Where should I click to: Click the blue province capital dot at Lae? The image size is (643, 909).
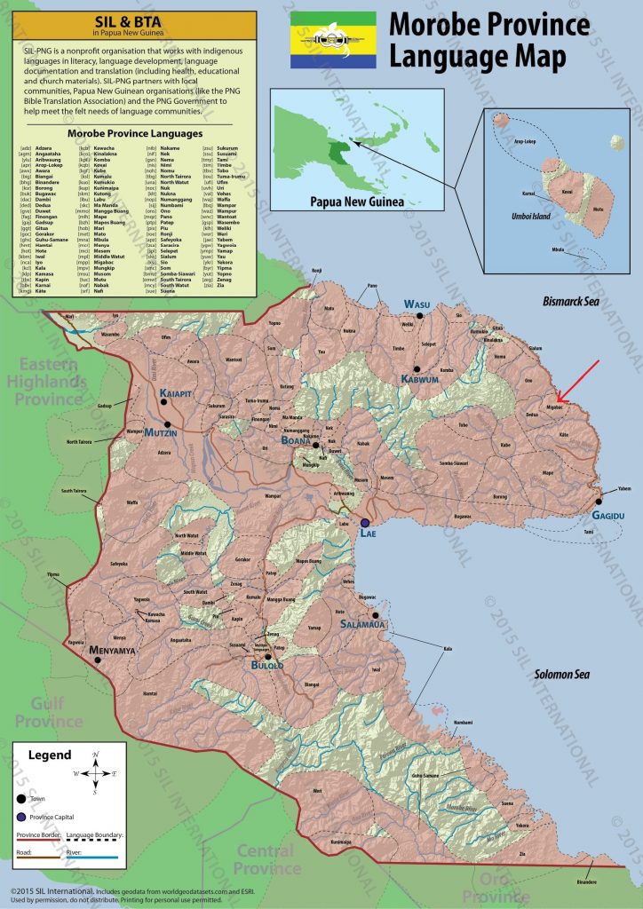click(x=364, y=523)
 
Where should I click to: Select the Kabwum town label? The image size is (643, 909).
click(x=420, y=379)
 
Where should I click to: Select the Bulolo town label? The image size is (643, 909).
click(x=266, y=663)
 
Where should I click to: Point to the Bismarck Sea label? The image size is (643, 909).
click(x=572, y=303)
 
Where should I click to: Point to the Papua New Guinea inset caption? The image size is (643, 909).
click(x=345, y=202)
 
